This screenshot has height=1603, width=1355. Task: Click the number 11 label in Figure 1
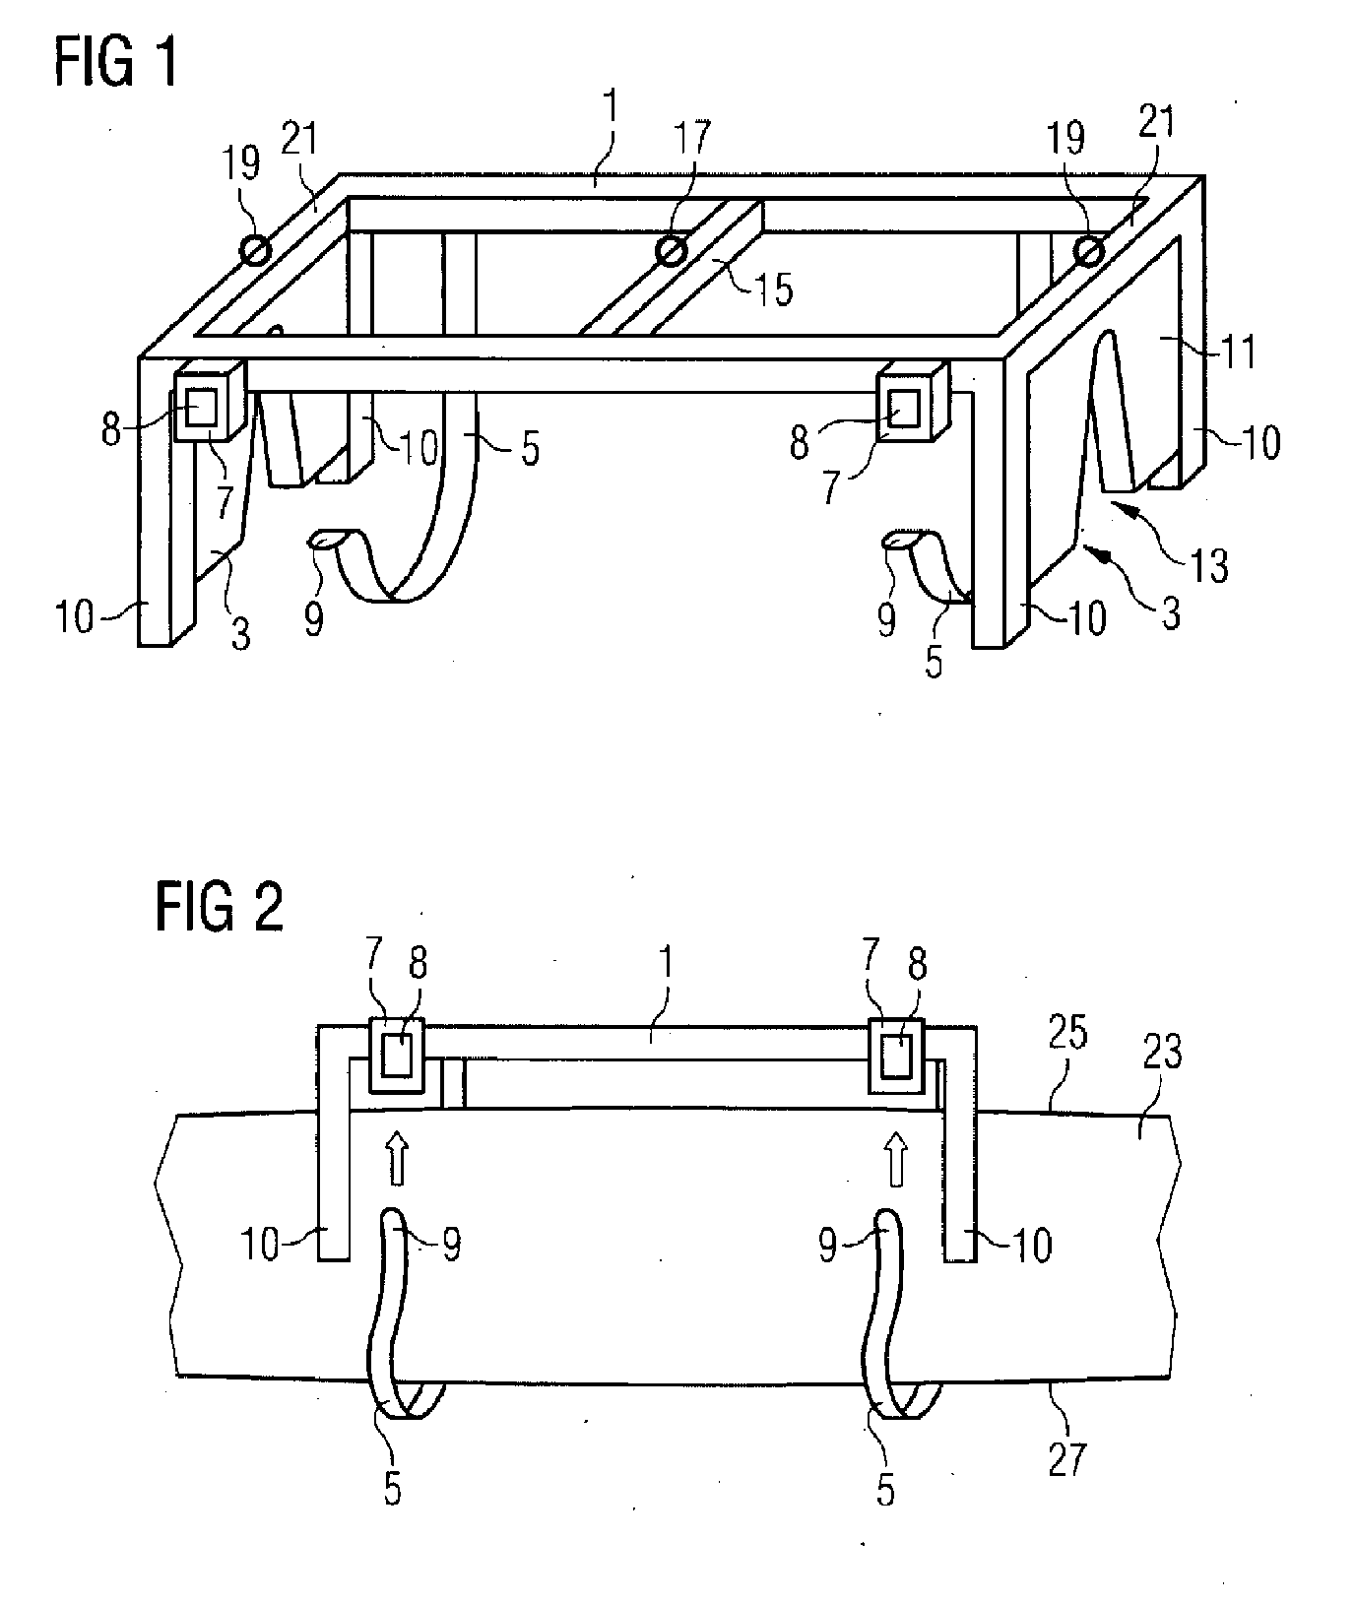[x=1237, y=352]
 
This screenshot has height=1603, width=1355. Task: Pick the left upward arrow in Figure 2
[x=397, y=1157]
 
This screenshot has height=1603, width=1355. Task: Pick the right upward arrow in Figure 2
[x=896, y=1157]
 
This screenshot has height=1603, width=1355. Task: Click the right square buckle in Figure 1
[x=912, y=405]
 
